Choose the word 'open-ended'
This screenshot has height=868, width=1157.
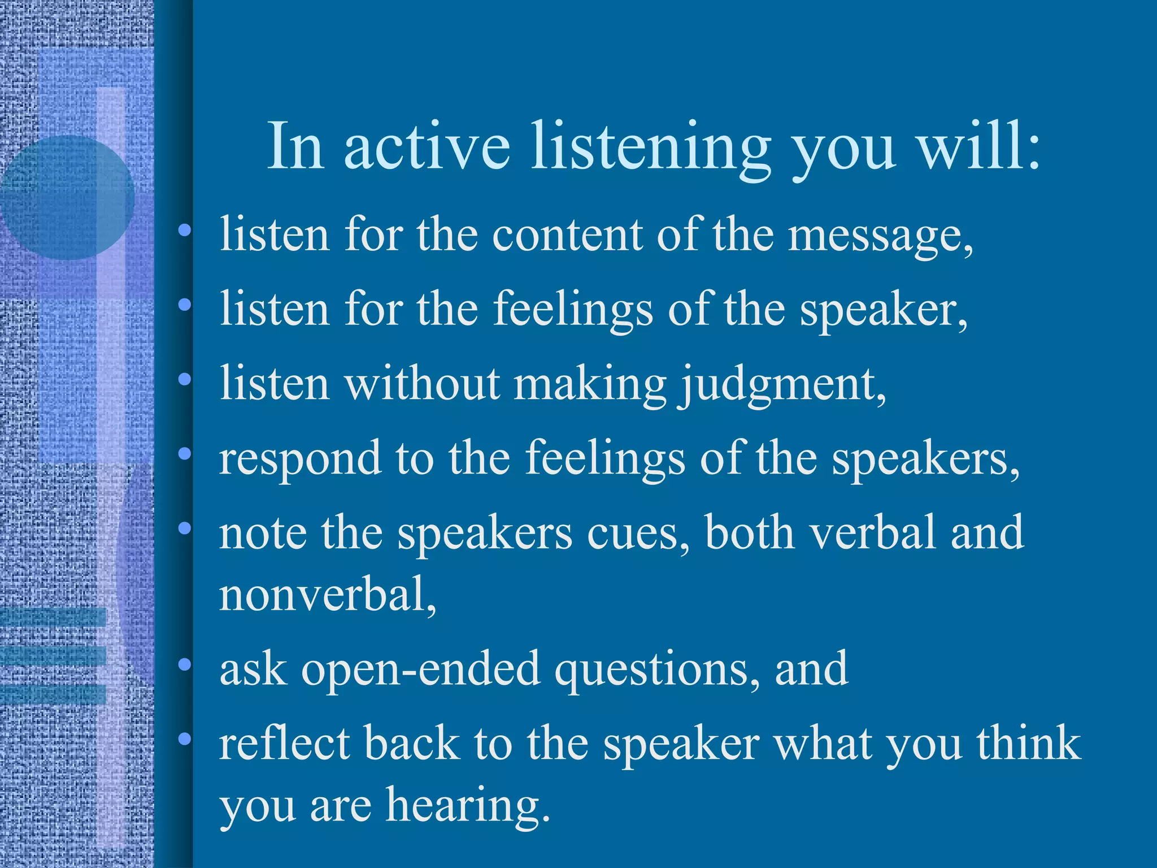[420, 670]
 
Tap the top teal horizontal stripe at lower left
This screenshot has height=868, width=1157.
[54, 617]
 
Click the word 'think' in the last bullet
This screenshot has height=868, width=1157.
[1028, 744]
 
